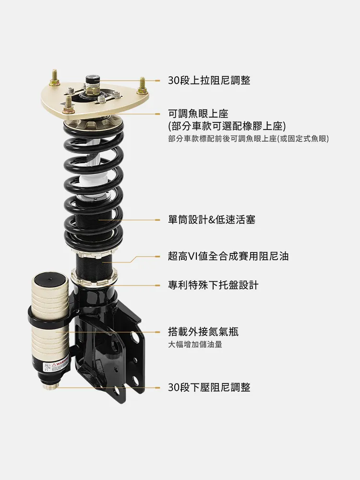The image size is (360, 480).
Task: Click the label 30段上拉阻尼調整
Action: coord(209,81)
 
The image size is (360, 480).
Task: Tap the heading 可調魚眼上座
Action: coord(198,114)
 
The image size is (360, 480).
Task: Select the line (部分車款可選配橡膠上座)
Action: coord(227,126)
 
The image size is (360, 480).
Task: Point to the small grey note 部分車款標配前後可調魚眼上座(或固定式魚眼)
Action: coord(248,139)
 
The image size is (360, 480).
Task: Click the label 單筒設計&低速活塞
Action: coord(212,219)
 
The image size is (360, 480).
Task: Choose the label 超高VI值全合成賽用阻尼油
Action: coord(228,256)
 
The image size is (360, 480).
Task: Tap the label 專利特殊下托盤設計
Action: coord(213,285)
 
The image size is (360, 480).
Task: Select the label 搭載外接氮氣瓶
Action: coord(203,332)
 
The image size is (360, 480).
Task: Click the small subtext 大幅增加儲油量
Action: coord(195,345)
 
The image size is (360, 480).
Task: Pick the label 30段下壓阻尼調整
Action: coord(209,387)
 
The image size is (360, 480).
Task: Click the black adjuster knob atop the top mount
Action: coord(93,79)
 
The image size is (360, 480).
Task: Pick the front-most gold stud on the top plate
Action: coord(68,104)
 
